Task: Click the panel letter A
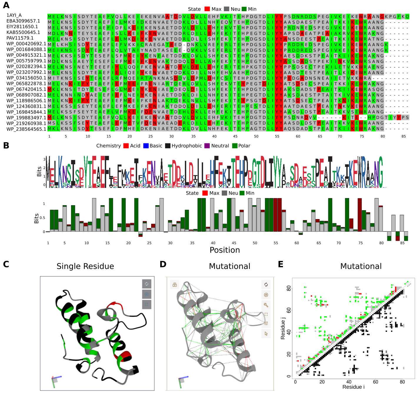pos(6,5)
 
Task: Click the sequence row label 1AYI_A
pos(14,15)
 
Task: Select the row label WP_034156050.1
pos(26,78)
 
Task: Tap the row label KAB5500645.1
pos(23,32)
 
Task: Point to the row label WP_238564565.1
pos(26,129)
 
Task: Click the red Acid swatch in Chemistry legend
pos(126,146)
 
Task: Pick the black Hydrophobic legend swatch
pos(168,146)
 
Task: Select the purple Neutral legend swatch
pos(207,146)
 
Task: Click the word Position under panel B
pos(225,250)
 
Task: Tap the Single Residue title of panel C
pos(85,266)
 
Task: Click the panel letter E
pos(281,264)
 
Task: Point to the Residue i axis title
pos(353,387)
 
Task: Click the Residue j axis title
pos(283,328)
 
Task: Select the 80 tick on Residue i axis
pos(402,382)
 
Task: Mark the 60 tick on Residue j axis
pos(289,310)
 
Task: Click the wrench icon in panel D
pos(266,305)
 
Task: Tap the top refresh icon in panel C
pos(146,284)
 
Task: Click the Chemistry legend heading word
pos(109,146)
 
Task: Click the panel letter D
pos(163,264)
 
